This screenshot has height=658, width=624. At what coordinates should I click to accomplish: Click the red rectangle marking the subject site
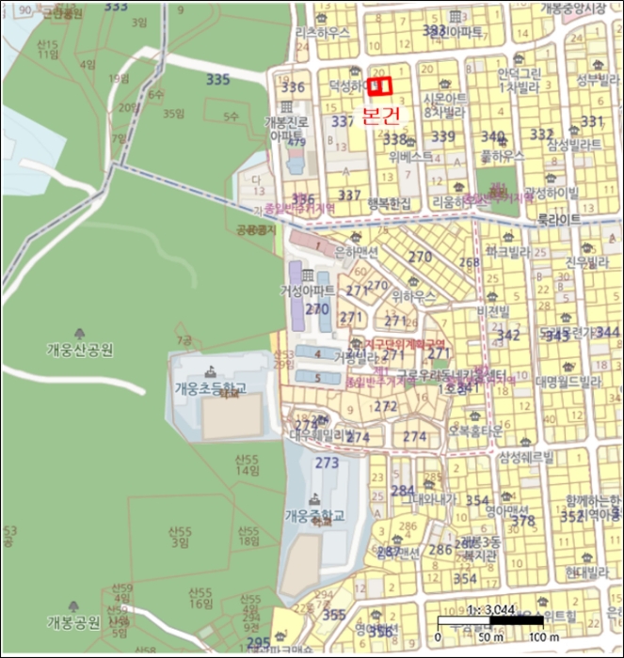click(379, 86)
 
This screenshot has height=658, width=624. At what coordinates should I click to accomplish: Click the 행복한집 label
click(390, 202)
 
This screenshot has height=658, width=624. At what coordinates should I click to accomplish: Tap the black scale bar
click(490, 621)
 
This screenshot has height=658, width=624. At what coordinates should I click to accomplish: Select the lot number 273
click(327, 462)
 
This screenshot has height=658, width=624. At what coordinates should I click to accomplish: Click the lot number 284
click(403, 491)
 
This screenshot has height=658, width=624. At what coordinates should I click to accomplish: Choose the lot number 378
click(523, 520)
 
